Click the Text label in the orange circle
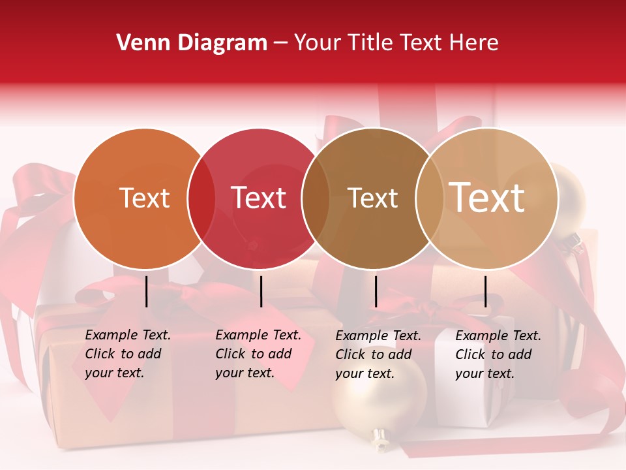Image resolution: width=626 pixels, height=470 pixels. (144, 198)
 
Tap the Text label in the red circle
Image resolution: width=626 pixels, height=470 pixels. (258, 198)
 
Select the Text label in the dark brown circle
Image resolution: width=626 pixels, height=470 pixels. (372, 198)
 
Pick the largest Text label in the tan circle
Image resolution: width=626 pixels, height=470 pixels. (487, 198)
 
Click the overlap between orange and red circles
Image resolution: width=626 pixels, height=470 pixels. (201, 198)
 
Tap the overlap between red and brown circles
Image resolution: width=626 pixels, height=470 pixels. (316, 198)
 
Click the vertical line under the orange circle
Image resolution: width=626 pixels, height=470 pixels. (147, 291)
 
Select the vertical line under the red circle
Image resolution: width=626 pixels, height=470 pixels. (261, 291)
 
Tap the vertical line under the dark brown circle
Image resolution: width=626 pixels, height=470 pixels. (376, 291)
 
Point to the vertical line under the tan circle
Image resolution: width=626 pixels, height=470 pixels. (486, 291)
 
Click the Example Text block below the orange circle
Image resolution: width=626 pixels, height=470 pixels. (128, 354)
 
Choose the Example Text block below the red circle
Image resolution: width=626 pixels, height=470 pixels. (258, 354)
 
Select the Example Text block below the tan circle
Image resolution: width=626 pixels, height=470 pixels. (498, 354)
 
